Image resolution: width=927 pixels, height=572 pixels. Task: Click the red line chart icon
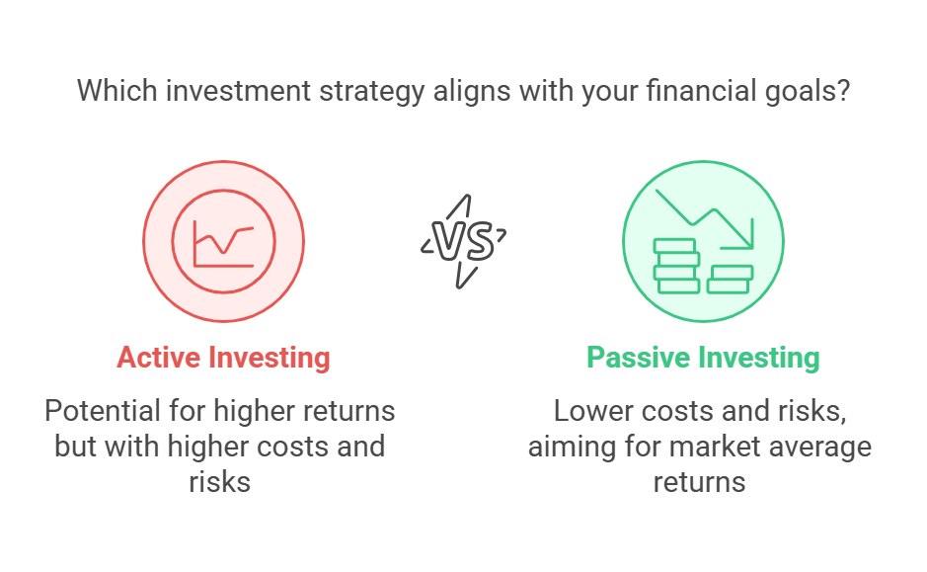[x=223, y=244]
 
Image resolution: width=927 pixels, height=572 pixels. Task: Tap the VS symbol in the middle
[x=464, y=241]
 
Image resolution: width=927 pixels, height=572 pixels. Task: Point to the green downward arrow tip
[x=751, y=247]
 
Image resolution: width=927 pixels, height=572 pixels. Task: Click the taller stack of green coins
[x=676, y=266]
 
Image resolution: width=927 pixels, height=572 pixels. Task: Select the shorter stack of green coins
[x=730, y=280]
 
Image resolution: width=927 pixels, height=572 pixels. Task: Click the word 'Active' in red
[x=158, y=358]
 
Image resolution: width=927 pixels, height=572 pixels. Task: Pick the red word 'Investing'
[x=269, y=359]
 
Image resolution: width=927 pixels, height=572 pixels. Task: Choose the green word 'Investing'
[x=758, y=359]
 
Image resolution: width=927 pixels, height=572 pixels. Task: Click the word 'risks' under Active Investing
[x=220, y=482]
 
